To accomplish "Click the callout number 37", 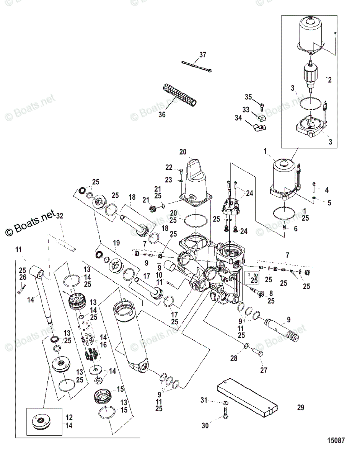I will pos(202,55).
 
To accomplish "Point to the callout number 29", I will pos(301,408).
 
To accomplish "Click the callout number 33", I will pos(246,110).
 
